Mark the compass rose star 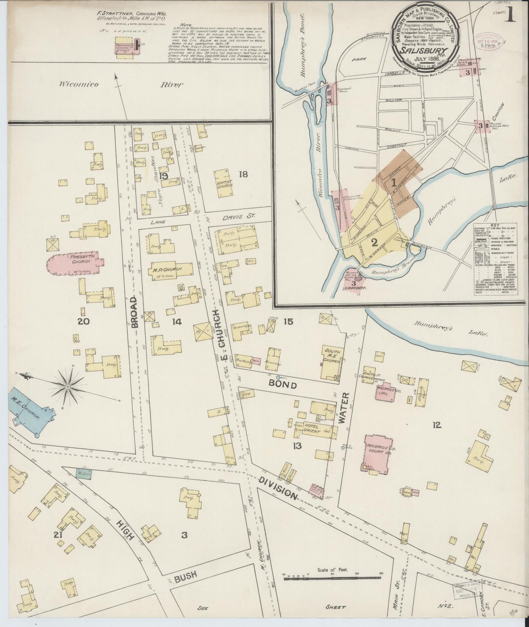[x=68, y=386]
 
